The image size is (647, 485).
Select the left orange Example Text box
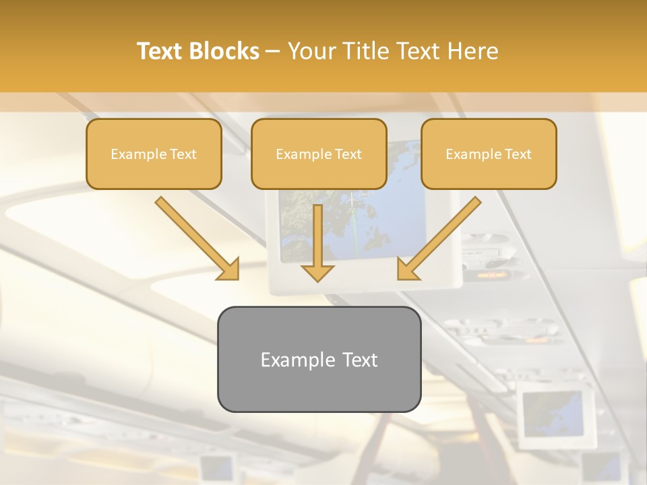pyautogui.click(x=154, y=154)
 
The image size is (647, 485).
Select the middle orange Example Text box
pyautogui.click(x=319, y=154)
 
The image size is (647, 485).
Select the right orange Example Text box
pyautogui.click(x=489, y=154)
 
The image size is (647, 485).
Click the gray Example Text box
pyautogui.click(x=319, y=359)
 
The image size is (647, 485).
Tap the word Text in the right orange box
pyautogui.click(x=518, y=154)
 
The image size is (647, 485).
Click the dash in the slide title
pyautogui.click(x=273, y=52)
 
